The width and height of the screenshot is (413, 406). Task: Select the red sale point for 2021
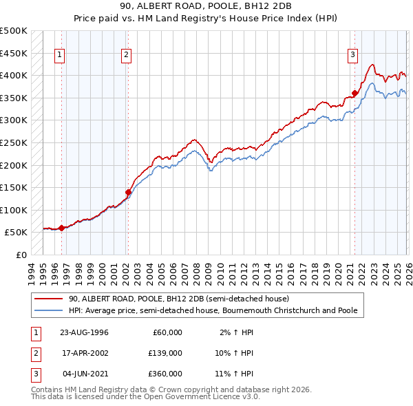click(x=354, y=94)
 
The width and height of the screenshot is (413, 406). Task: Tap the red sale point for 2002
click(x=127, y=193)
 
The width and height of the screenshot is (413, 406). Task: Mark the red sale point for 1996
click(x=61, y=228)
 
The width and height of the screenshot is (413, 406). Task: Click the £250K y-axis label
click(x=13, y=142)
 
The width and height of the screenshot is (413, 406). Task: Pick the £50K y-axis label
click(x=16, y=233)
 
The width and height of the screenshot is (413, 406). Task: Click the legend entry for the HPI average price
click(x=213, y=310)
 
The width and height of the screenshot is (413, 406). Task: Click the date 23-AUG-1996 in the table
click(x=84, y=332)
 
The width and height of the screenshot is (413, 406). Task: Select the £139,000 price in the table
click(x=165, y=352)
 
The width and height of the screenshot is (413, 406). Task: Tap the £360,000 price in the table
click(x=165, y=373)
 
